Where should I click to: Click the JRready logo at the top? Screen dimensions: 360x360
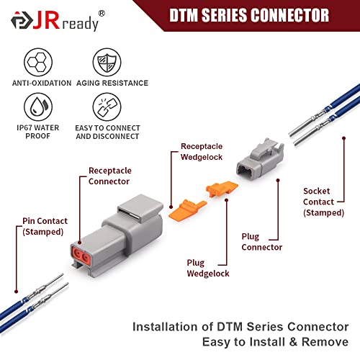tap(58, 21)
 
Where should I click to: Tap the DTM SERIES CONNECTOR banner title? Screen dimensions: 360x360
tap(249, 15)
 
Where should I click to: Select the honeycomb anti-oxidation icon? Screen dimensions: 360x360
tap(38, 62)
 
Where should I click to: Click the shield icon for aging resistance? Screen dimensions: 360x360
tap(107, 62)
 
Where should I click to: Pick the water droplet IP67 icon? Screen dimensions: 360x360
tap(38, 107)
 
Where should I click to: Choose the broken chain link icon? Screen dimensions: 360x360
tap(107, 107)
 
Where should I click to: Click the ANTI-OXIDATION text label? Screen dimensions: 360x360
tap(42, 83)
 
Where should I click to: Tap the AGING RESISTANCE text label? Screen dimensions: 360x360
tap(112, 83)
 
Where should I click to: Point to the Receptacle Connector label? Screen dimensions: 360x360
tap(110, 176)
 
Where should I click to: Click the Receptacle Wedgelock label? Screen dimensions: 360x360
tap(202, 152)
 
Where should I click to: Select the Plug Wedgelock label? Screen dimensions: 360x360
tap(208, 268)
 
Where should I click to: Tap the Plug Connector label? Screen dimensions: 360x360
tap(262, 242)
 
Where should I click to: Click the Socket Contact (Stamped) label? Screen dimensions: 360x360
tap(323, 202)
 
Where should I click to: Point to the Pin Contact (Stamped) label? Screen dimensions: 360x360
tap(45, 226)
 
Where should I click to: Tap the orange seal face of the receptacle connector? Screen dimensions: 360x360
tap(81, 256)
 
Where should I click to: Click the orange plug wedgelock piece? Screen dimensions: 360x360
tap(222, 189)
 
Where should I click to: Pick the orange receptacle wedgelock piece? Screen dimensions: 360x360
tap(188, 210)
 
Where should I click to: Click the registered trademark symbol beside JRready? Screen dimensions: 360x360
tap(102, 14)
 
